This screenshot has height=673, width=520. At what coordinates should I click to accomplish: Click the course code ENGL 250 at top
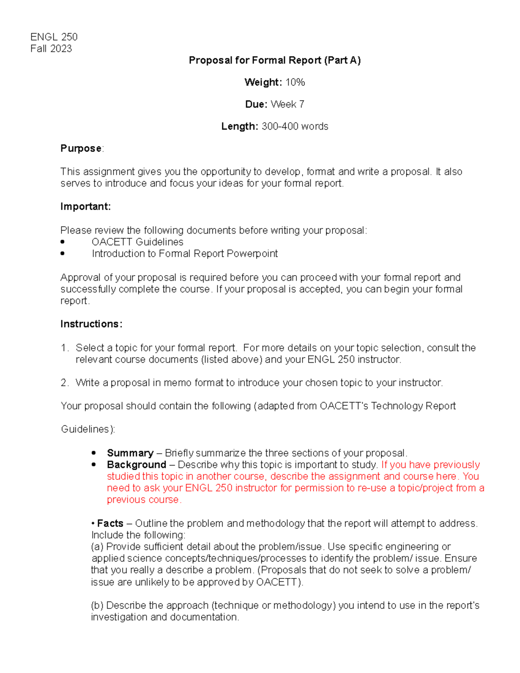coord(54,37)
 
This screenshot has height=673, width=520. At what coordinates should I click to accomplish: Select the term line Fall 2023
coord(51,49)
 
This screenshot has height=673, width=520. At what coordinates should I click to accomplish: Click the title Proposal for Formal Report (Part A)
coord(275,60)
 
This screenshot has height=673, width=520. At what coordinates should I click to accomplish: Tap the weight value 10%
coord(295,82)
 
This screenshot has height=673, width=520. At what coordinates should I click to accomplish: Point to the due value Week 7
coord(287,104)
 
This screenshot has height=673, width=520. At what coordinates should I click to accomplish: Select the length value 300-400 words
coord(295,127)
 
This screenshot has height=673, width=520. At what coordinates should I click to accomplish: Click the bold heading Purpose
coord(81,149)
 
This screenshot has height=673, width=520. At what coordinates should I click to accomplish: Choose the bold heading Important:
coord(85,207)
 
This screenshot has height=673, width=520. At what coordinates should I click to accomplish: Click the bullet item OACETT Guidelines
coord(137,242)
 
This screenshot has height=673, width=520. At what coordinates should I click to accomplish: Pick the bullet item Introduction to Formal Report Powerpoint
coord(185,254)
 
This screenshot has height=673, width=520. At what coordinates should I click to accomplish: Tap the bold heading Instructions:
coord(91,324)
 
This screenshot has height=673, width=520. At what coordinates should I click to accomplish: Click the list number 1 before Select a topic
coord(65,348)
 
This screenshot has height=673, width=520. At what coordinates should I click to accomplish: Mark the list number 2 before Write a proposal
coord(65,383)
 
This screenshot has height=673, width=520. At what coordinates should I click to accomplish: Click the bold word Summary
coord(130,453)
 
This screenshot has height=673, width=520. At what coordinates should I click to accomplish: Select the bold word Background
coord(136,465)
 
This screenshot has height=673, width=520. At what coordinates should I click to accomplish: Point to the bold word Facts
coord(110,523)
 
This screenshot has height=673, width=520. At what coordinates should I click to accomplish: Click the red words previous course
coord(143,500)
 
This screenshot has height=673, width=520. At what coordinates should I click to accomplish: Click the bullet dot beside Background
coord(94,465)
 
